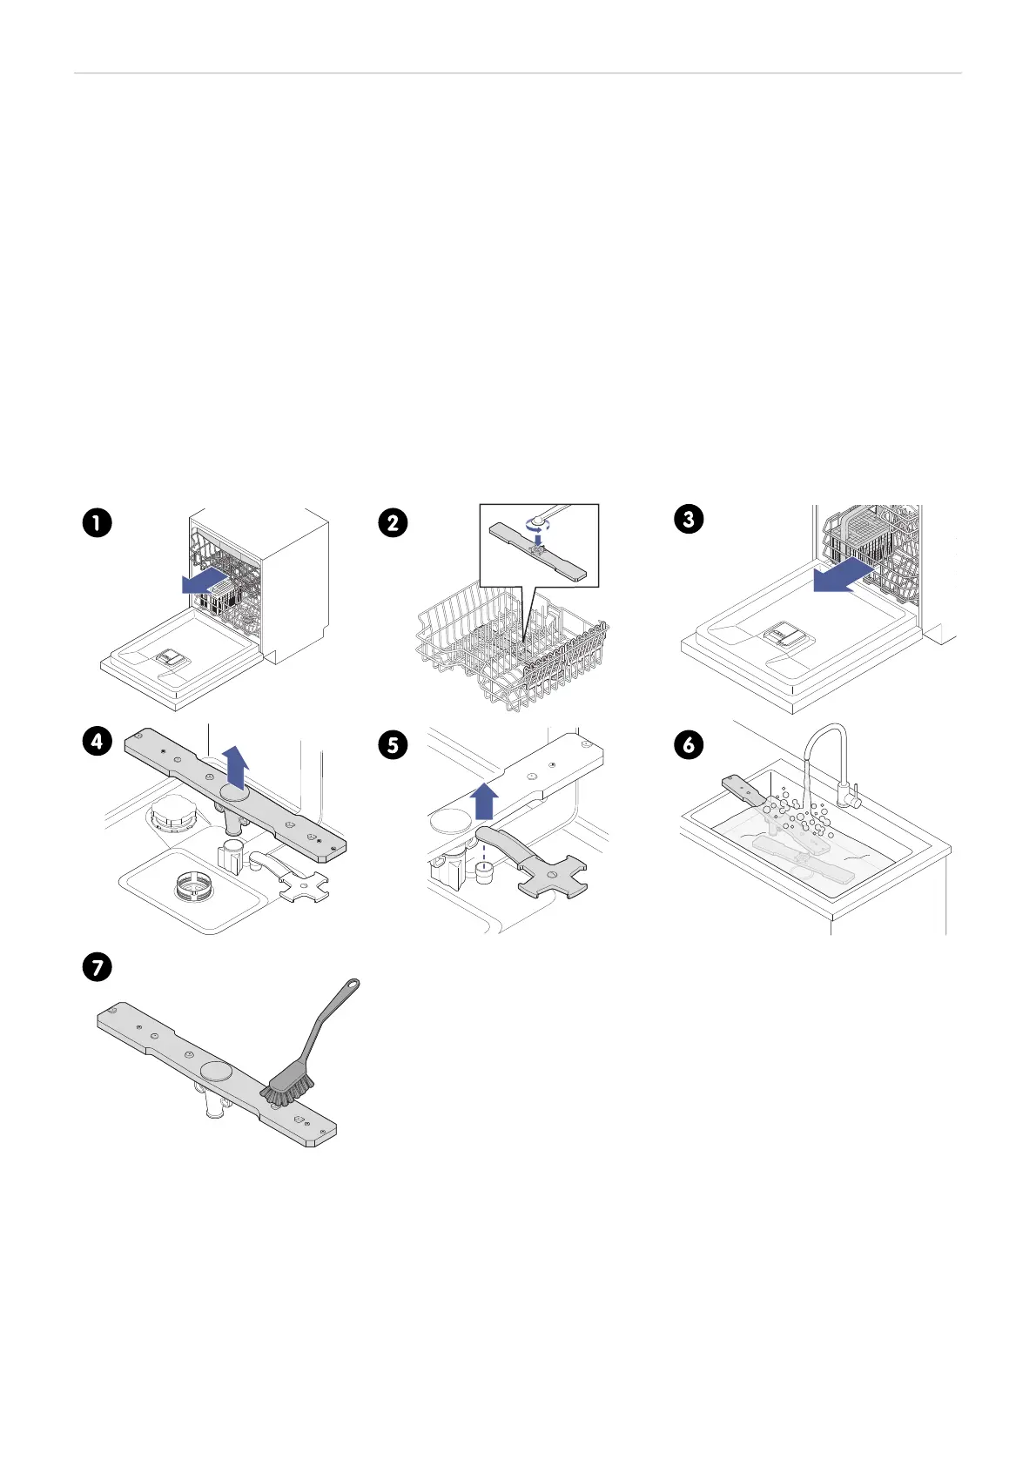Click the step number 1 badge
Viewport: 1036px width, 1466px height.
pyautogui.click(x=97, y=523)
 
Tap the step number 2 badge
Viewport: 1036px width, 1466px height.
pyautogui.click(x=393, y=523)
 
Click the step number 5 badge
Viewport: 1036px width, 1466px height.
pyautogui.click(x=393, y=745)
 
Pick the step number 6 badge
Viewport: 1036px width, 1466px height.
pyautogui.click(x=689, y=745)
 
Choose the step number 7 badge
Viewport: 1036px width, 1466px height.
pyautogui.click(x=97, y=967)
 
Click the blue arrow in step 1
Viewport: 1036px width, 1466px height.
pyautogui.click(x=205, y=581)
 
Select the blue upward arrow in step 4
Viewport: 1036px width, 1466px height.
pyautogui.click(x=236, y=766)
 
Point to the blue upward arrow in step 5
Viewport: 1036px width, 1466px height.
pyautogui.click(x=484, y=800)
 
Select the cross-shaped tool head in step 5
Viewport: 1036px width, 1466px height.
pyautogui.click(x=552, y=877)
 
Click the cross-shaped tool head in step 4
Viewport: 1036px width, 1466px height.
pyautogui.click(x=304, y=887)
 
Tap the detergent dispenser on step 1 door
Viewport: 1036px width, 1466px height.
pyautogui.click(x=172, y=658)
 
